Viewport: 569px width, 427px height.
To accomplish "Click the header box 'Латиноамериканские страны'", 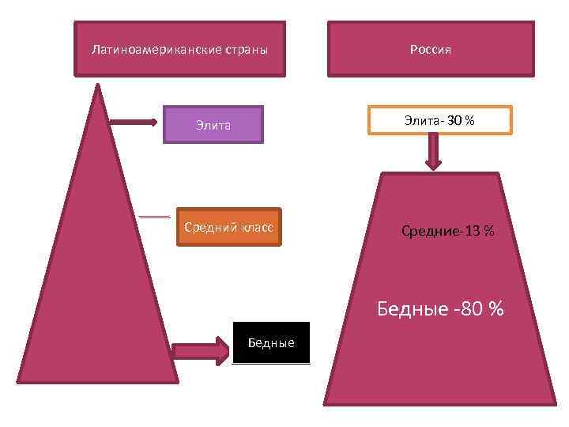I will point(179,49).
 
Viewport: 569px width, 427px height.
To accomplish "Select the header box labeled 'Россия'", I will point(431,49).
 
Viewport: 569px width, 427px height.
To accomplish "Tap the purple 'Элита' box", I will point(213,124).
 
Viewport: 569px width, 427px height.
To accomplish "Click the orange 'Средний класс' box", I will point(228,228).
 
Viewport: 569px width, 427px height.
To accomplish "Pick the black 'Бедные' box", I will point(271,342).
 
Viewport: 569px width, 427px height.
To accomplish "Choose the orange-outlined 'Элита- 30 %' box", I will point(439,120).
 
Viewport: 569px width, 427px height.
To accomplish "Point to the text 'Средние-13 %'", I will point(447,231).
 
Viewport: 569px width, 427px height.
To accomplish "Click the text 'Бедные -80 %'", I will point(439,308).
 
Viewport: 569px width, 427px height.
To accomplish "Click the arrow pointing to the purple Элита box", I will point(134,123).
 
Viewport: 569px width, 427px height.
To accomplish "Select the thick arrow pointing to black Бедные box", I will point(200,350).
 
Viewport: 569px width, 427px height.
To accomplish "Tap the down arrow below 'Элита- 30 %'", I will point(433,152).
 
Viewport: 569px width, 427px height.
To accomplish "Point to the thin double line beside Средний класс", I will point(154,216).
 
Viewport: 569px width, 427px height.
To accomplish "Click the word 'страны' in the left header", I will point(247,49).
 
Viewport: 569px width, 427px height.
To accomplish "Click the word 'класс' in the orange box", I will point(256,228).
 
